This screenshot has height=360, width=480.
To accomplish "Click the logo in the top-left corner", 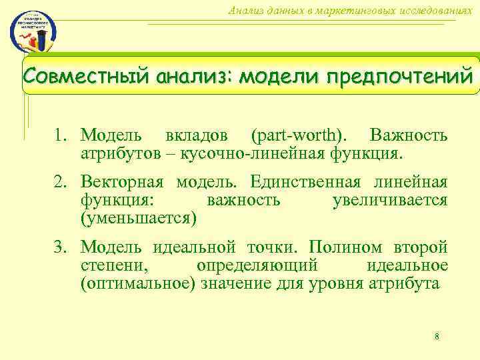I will (x=33, y=31).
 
